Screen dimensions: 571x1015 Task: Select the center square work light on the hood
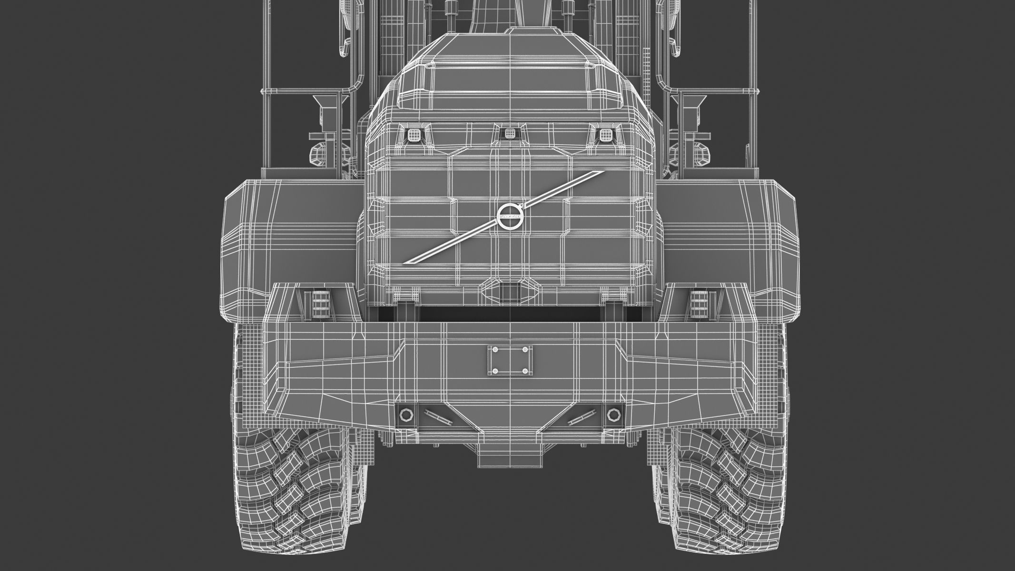tap(510, 133)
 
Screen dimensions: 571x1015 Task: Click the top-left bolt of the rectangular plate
tap(496, 350)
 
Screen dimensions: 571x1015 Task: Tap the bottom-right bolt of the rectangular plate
tap(525, 371)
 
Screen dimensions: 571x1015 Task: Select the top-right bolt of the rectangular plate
tap(525, 350)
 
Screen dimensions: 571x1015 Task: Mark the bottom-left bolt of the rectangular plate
tap(496, 371)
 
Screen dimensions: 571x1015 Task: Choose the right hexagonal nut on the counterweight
tap(614, 415)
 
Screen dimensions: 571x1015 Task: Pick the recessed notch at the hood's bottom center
tap(510, 289)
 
